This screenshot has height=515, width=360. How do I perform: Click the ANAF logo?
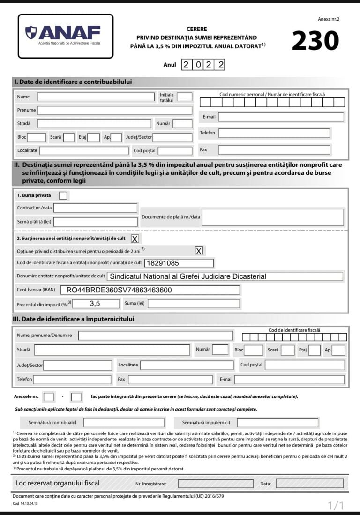(x=65, y=36)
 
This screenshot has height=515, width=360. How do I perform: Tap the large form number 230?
(x=315, y=41)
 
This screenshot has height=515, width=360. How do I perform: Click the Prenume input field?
(x=114, y=111)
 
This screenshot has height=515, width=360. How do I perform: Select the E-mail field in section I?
(x=281, y=117)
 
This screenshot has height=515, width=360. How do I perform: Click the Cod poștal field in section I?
(x=175, y=151)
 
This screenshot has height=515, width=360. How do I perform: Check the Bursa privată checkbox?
(x=63, y=195)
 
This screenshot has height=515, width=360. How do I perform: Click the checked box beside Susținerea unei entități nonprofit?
(x=135, y=239)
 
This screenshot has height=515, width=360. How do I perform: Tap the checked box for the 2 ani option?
(x=199, y=251)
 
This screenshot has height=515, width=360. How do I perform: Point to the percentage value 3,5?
(x=96, y=304)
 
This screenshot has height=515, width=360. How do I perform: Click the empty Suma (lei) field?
(x=193, y=304)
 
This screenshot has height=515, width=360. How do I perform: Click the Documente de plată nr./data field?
(x=272, y=217)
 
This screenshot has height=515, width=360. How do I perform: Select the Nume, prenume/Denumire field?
(x=155, y=336)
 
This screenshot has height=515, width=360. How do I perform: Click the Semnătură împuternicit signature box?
(x=277, y=423)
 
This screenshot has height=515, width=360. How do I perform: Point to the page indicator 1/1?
(x=336, y=505)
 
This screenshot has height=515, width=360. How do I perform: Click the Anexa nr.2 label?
(x=328, y=19)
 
